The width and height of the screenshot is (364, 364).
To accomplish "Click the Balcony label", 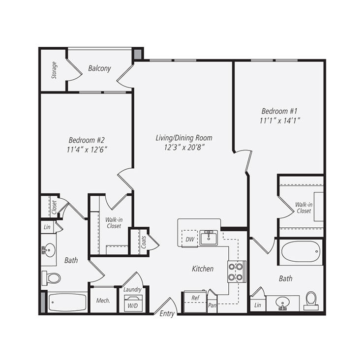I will click(99, 68).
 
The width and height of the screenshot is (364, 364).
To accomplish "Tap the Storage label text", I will click(54, 70).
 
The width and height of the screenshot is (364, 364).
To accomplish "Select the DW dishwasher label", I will click(189, 239).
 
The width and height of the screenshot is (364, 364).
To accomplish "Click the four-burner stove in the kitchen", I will click(237, 272).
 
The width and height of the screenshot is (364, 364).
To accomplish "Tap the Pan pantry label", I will click(212, 305).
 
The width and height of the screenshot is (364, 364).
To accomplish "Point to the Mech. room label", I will click(103, 301).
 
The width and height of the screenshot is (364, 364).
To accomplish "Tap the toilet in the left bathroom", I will click(51, 278).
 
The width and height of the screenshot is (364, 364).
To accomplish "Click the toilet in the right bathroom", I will click(311, 300).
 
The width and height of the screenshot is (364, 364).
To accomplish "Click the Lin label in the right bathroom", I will click(257, 305).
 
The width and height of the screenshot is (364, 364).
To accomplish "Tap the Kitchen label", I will click(203, 269).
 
